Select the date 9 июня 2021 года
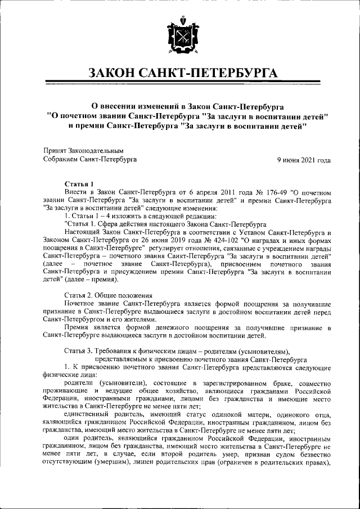(x=304, y=160)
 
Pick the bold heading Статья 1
(x=79, y=184)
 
